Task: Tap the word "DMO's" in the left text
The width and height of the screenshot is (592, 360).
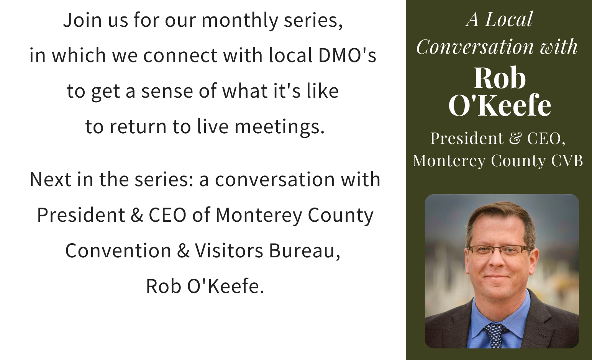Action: click(347, 56)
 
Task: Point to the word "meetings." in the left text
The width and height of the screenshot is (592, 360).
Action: click(279, 127)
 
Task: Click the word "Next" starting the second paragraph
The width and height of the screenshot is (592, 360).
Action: click(51, 180)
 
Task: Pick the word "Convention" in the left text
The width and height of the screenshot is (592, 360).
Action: click(118, 250)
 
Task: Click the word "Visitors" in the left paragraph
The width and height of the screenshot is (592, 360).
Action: click(229, 250)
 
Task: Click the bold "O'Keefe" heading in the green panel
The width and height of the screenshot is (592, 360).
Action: click(500, 105)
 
